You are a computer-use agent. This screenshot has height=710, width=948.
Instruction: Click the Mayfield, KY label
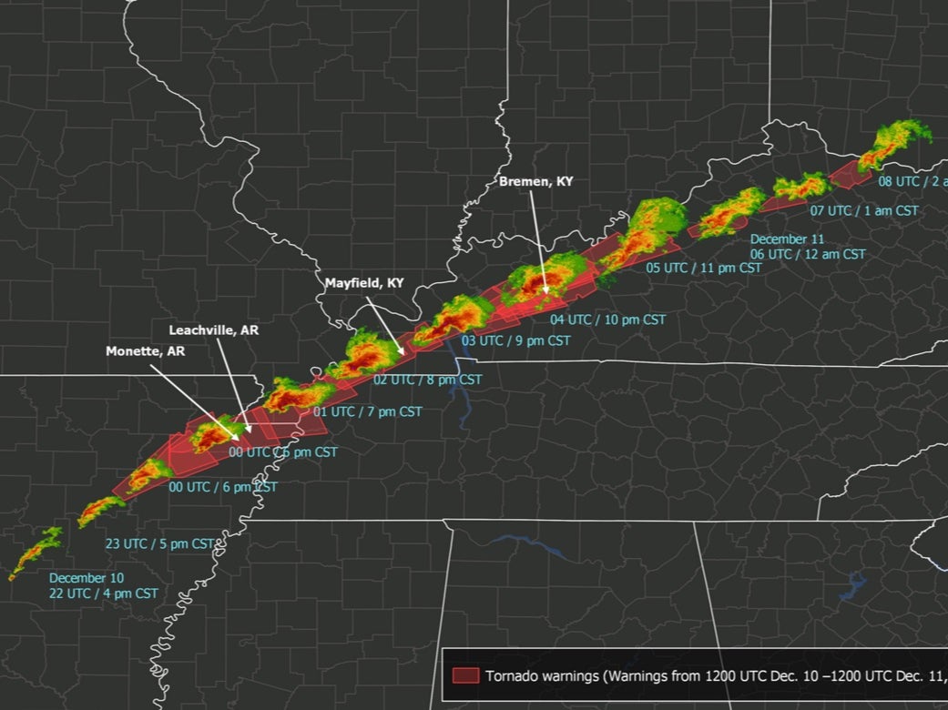(x=364, y=283)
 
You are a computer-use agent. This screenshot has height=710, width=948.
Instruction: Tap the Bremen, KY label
(x=536, y=182)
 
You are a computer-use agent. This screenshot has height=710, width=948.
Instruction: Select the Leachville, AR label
(x=214, y=330)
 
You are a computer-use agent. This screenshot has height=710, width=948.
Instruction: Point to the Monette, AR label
(x=146, y=350)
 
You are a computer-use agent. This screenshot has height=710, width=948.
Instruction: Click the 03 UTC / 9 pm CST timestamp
(x=516, y=340)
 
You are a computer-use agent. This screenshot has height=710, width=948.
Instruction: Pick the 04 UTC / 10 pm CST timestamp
(x=607, y=319)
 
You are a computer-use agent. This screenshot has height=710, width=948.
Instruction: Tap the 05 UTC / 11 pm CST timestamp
(x=704, y=268)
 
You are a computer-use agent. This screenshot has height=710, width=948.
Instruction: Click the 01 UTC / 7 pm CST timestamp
(x=368, y=411)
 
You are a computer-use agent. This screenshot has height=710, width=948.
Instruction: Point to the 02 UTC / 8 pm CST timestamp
(x=427, y=379)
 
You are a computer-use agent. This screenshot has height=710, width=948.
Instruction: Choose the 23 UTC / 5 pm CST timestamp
(x=160, y=543)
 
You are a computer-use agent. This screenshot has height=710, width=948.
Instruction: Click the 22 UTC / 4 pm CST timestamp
(x=104, y=593)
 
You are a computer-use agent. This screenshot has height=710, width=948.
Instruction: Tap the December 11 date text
(x=780, y=239)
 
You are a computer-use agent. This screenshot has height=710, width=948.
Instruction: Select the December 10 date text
(x=87, y=578)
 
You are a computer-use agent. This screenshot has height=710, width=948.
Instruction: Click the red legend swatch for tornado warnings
(x=465, y=675)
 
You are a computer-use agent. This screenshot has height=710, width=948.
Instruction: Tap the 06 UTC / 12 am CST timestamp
(x=808, y=254)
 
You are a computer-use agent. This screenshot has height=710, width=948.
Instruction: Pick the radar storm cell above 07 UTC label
(x=801, y=188)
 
